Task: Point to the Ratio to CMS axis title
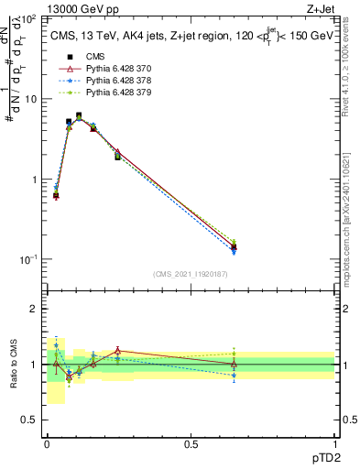coord(13,365)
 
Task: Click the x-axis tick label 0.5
coord(191,444)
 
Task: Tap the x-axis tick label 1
coord(334,444)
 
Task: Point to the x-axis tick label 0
coord(47,444)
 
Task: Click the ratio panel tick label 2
coord(35,309)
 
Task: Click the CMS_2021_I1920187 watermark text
coord(191,274)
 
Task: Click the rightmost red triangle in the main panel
coord(234,245)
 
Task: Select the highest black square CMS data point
coord(79,116)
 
